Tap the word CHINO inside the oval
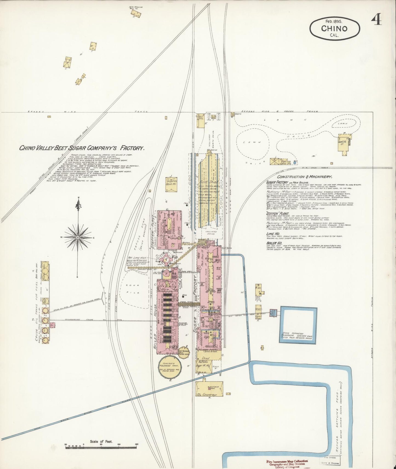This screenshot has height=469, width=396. (x=334, y=28)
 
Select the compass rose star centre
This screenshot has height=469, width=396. (x=78, y=237)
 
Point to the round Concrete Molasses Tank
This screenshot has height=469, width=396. (x=169, y=367)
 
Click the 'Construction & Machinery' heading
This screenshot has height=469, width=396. (x=299, y=177)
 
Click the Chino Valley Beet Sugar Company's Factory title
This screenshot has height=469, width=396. (x=82, y=148)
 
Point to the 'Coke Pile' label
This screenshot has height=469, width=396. (x=133, y=289)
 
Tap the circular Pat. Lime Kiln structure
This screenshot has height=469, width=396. (x=166, y=259)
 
